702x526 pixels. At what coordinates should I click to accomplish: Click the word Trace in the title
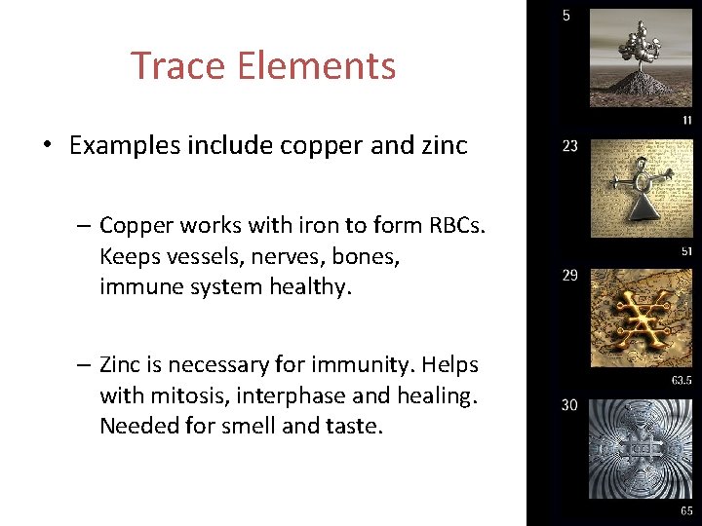[175, 66]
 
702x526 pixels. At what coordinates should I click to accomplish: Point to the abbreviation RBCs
[456, 226]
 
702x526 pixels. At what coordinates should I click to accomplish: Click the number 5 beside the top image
[566, 16]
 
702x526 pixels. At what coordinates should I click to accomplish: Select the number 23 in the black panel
[569, 146]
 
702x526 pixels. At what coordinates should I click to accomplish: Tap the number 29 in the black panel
[569, 276]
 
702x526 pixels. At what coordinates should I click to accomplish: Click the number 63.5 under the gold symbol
[682, 380]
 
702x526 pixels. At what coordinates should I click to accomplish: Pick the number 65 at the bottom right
[686, 510]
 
